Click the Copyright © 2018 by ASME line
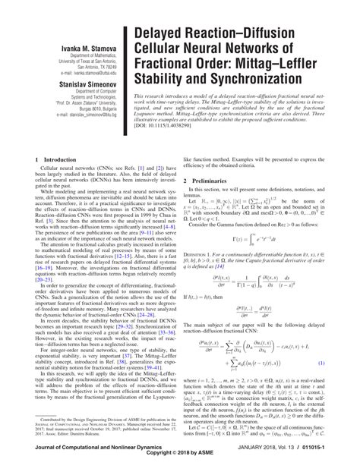tap(180, 469)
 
